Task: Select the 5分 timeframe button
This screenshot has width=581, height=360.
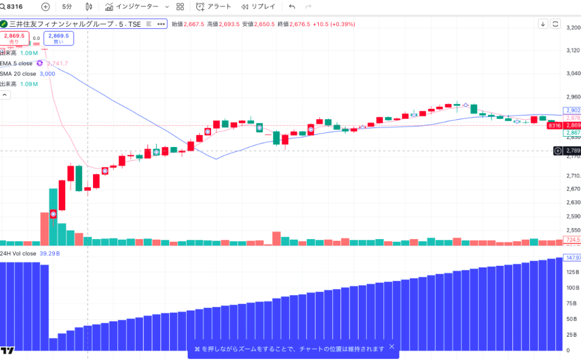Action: click(67, 7)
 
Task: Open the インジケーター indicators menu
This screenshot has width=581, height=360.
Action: click(136, 7)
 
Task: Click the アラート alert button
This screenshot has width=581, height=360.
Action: click(213, 7)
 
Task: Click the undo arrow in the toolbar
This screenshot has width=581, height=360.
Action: click(292, 7)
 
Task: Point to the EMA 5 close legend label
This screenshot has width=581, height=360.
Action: click(17, 63)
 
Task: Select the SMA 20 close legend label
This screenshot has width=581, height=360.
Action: click(18, 74)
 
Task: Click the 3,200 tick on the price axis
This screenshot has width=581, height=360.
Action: click(572, 27)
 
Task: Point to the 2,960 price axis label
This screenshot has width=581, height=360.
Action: click(572, 97)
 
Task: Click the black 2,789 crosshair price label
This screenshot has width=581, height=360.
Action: click(572, 150)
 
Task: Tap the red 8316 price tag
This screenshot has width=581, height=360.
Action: click(554, 125)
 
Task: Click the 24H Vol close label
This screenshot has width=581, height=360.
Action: click(18, 253)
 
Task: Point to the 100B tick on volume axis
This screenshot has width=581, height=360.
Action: click(572, 288)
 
